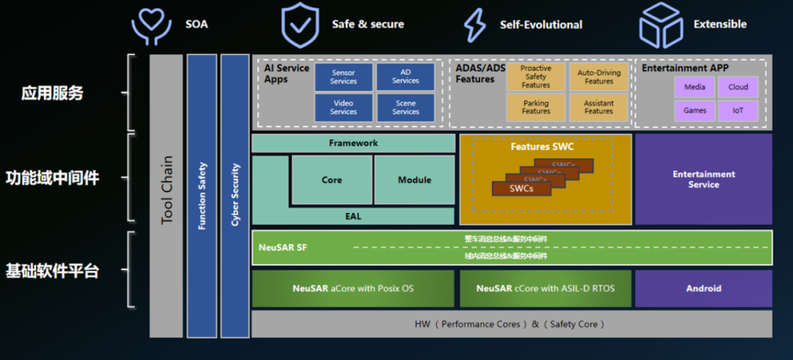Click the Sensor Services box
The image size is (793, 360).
tap(343, 77)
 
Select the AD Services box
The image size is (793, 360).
tap(405, 77)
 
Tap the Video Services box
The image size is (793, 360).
tap(343, 107)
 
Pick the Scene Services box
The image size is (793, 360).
tap(405, 107)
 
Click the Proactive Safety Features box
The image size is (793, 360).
tap(536, 76)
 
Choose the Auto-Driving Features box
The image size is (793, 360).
tap(598, 76)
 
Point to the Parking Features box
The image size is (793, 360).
tap(536, 107)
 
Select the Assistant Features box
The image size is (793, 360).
tap(598, 107)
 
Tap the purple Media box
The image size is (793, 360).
tap(695, 87)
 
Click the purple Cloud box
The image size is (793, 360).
tap(738, 87)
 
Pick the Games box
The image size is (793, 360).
tap(695, 111)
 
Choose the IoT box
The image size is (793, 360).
tap(738, 111)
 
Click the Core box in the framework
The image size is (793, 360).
tap(332, 180)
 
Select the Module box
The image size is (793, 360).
tap(414, 180)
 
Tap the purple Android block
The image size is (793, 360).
tap(703, 289)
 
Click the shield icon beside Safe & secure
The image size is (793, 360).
tap(300, 24)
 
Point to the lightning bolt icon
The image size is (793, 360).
tap(475, 24)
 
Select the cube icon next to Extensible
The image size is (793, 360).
tap(661, 25)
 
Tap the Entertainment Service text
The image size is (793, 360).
tap(703, 179)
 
